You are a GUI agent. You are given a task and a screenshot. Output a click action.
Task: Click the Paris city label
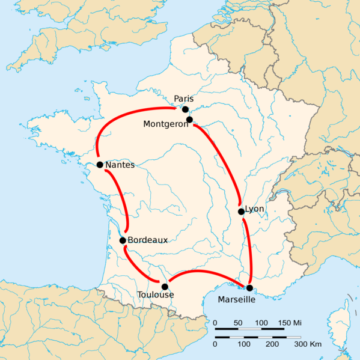182,98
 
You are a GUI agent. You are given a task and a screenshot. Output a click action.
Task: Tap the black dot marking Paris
185,109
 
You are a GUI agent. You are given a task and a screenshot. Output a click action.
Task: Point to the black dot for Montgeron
189,119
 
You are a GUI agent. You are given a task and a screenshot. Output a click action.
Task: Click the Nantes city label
121,164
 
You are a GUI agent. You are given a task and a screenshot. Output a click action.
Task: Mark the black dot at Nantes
100,164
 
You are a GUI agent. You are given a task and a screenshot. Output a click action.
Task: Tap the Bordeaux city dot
122,240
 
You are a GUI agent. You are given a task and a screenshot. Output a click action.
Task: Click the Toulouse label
155,296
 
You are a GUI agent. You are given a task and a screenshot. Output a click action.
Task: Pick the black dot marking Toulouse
165,287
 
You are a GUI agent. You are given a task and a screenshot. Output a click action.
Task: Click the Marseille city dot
249,287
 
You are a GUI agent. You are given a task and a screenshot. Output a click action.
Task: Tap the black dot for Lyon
241,210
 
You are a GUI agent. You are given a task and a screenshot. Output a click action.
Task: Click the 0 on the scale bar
215,322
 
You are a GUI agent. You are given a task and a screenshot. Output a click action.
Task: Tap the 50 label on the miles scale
238,322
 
